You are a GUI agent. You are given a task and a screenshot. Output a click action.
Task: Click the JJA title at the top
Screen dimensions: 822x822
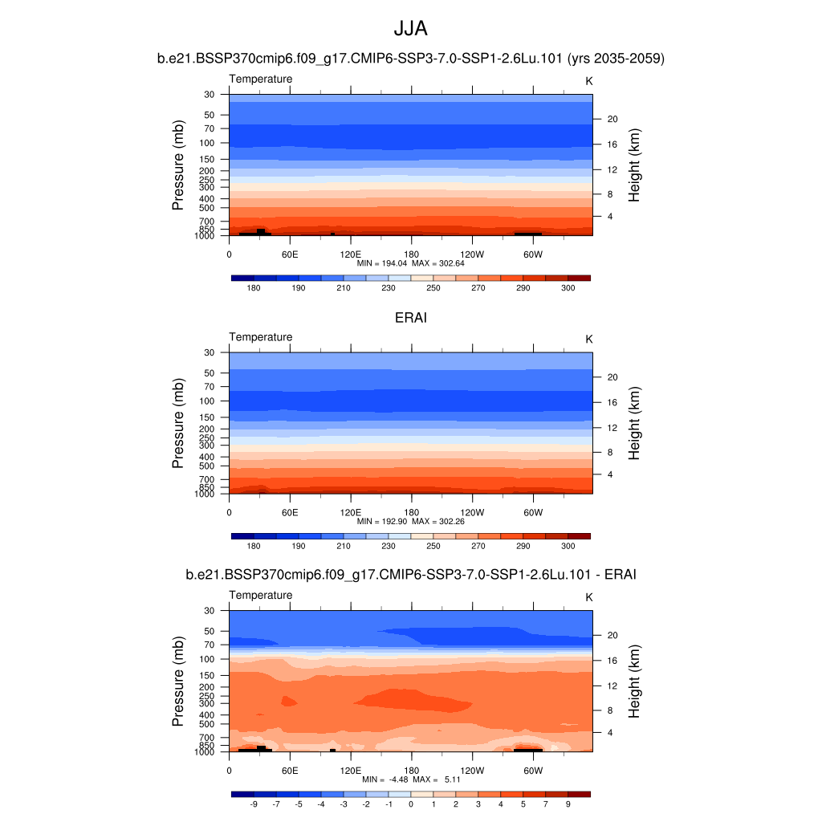point(410,29)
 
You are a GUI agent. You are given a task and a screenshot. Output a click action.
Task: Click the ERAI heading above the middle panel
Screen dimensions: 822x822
point(410,318)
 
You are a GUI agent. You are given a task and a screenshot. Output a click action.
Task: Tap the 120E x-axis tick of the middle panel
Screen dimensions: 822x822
point(350,512)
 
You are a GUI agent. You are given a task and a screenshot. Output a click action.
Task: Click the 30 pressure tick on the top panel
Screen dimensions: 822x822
point(210,95)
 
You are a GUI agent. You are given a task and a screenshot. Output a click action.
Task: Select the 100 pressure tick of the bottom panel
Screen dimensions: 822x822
point(207,659)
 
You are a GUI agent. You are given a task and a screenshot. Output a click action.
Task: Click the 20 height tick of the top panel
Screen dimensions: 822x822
point(611,119)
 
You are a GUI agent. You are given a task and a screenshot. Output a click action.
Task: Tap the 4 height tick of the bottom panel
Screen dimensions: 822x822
point(608,733)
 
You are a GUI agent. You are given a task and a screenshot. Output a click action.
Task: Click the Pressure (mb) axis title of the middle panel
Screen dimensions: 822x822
point(178,423)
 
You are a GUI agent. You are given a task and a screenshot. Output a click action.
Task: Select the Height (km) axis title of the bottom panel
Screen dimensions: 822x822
point(634,682)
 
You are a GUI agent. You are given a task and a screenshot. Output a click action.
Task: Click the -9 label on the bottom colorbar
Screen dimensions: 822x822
point(254,804)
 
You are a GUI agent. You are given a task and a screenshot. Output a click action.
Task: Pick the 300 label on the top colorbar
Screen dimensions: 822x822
point(568,287)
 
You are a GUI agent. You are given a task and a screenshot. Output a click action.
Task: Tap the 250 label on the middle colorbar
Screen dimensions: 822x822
point(433,546)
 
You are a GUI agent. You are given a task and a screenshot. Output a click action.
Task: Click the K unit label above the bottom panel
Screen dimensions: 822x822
point(588,597)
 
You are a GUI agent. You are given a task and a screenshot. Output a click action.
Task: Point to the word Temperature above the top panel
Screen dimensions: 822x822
point(261,79)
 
